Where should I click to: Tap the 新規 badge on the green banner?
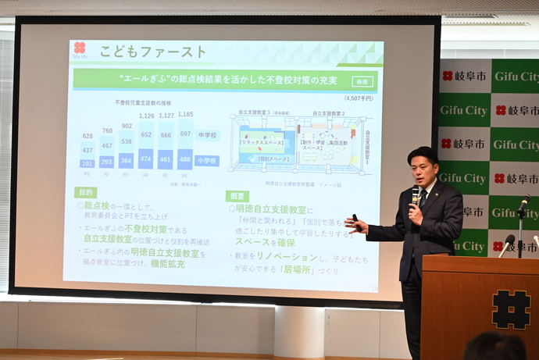coord(362,80)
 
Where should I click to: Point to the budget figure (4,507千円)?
coord(357,98)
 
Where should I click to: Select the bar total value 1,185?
coord(185,115)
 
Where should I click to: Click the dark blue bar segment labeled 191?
coord(87,163)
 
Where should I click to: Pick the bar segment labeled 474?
coord(146,159)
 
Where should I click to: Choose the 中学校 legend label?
coord(207,135)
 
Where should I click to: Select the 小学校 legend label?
coord(207,161)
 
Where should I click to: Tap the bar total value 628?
coord(87,136)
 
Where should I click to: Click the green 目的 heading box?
coord(85,192)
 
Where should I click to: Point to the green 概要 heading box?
coord(237,196)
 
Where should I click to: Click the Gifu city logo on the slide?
coord(80,49)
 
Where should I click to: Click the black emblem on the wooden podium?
coord(511,308)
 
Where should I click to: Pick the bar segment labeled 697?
coord(185,134)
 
